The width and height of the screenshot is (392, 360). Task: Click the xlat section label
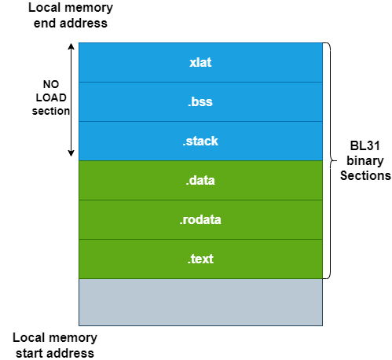200,62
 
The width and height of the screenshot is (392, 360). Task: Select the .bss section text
200,101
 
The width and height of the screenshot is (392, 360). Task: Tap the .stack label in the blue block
200,141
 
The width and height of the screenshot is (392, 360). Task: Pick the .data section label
200,181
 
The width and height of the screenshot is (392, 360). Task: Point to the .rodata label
200,220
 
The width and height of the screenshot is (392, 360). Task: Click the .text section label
200,259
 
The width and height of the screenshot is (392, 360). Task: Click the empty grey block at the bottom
200,302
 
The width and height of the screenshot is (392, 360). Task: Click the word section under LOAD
50,111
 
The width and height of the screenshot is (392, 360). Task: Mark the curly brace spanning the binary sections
330,160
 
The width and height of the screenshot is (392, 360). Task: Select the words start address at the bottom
55,352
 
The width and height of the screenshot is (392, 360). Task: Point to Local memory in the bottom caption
55,337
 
